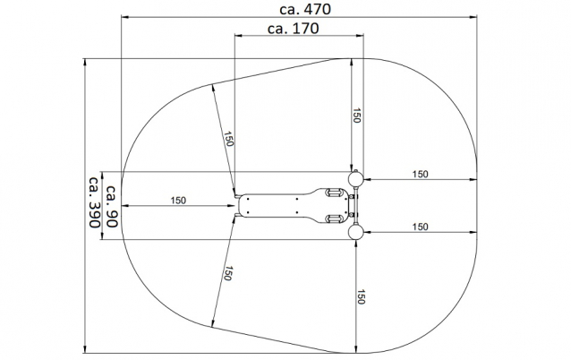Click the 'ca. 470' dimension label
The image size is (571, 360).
(x=305, y=9)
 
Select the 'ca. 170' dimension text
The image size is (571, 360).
(x=294, y=29)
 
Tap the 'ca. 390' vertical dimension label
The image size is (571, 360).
(x=94, y=202)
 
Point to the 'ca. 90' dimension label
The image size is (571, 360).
(x=112, y=206)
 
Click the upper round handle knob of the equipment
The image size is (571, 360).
(x=355, y=178)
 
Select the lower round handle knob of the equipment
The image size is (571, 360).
(x=355, y=232)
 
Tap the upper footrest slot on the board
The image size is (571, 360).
(x=334, y=192)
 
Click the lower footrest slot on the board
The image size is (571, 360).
(x=334, y=219)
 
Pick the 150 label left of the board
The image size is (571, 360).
(x=178, y=201)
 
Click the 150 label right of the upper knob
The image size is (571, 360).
(x=421, y=174)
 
